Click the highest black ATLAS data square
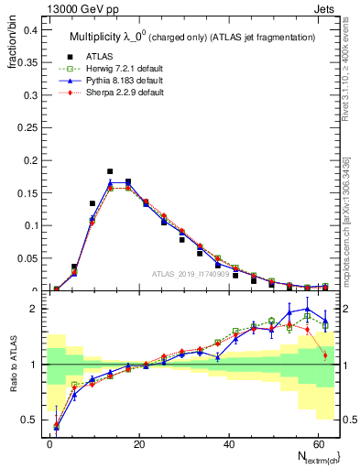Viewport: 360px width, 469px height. coord(110,171)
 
